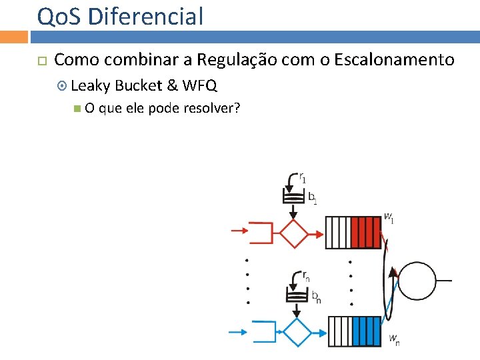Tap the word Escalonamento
pyautogui.click(x=394, y=60)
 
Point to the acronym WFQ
pyautogui.click(x=199, y=85)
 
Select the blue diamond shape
pyautogui.click(x=297, y=331)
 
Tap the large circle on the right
pyautogui.click(x=417, y=281)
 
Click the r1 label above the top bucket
pyautogui.click(x=303, y=178)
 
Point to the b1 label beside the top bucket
pyautogui.click(x=312, y=197)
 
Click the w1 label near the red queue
pyautogui.click(x=389, y=217)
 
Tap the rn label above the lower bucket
pyautogui.click(x=305, y=276)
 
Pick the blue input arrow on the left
pyautogui.click(x=238, y=331)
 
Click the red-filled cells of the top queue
pyautogui.click(x=365, y=233)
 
